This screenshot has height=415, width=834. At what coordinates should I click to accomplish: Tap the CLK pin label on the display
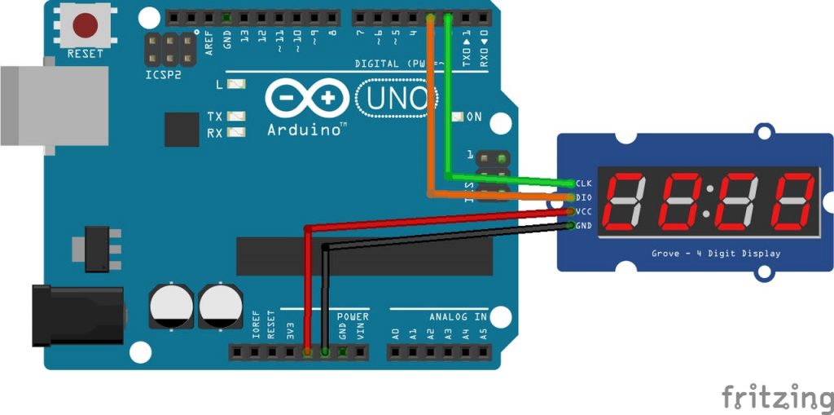point(583,183)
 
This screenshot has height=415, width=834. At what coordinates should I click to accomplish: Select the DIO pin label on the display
point(583,197)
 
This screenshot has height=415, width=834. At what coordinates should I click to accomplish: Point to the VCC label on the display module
point(583,211)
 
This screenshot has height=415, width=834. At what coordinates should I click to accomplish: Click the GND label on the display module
point(583,226)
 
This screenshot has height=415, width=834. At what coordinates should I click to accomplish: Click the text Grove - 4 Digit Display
point(715,254)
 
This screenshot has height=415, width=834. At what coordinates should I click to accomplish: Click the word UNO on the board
point(397,99)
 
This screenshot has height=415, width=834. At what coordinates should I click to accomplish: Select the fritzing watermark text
point(777,397)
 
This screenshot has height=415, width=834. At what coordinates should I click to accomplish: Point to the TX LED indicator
point(237,117)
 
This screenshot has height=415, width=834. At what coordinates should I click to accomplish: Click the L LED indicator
point(237,85)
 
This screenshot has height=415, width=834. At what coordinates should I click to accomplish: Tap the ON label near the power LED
point(473,117)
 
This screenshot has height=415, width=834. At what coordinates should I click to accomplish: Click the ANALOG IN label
point(458,316)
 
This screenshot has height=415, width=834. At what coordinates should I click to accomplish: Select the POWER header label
point(353,316)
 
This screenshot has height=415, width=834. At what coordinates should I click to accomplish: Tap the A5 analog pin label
point(483,333)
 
